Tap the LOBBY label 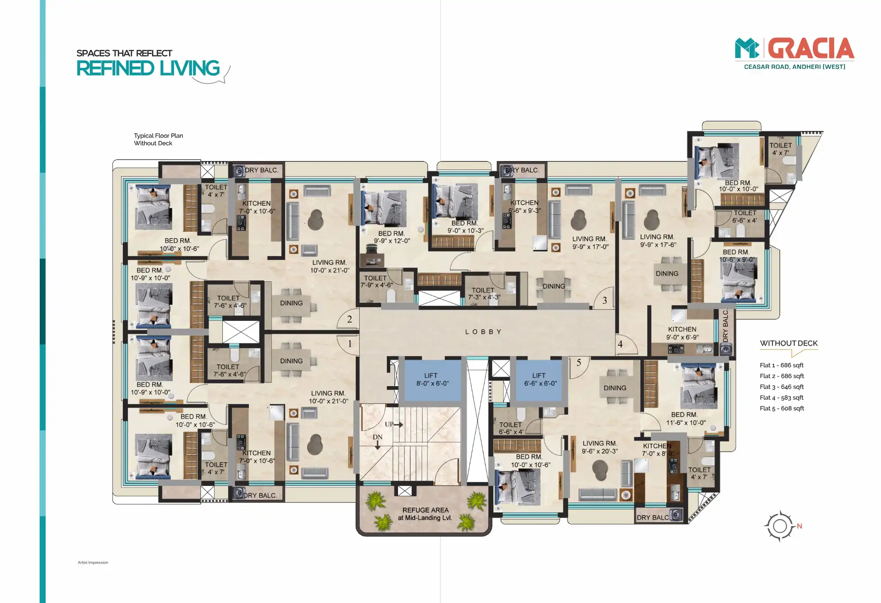coord(483,332)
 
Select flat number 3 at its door coord(605,301)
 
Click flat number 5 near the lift coord(579,363)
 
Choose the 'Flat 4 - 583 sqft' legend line coord(781,398)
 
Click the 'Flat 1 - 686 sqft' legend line coord(781,365)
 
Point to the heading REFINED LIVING coord(148,68)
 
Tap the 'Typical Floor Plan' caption coord(158,136)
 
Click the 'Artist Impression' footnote coord(93,562)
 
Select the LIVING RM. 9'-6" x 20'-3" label coord(600,447)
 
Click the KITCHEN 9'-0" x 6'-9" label coord(682,333)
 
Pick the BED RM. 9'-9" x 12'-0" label coord(392,237)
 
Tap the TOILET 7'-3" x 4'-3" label coord(483,294)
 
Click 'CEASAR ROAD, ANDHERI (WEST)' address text coord(794,67)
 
